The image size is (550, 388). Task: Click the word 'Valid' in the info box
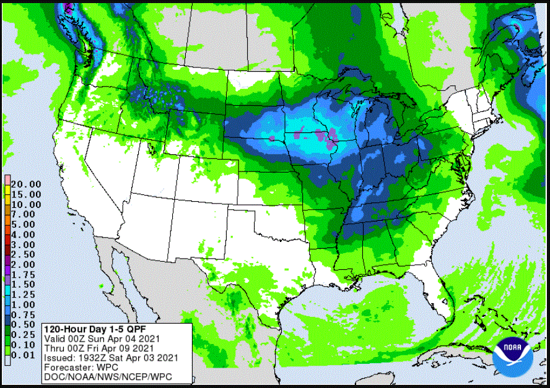[55, 338]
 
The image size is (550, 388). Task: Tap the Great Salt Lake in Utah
[151, 147]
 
